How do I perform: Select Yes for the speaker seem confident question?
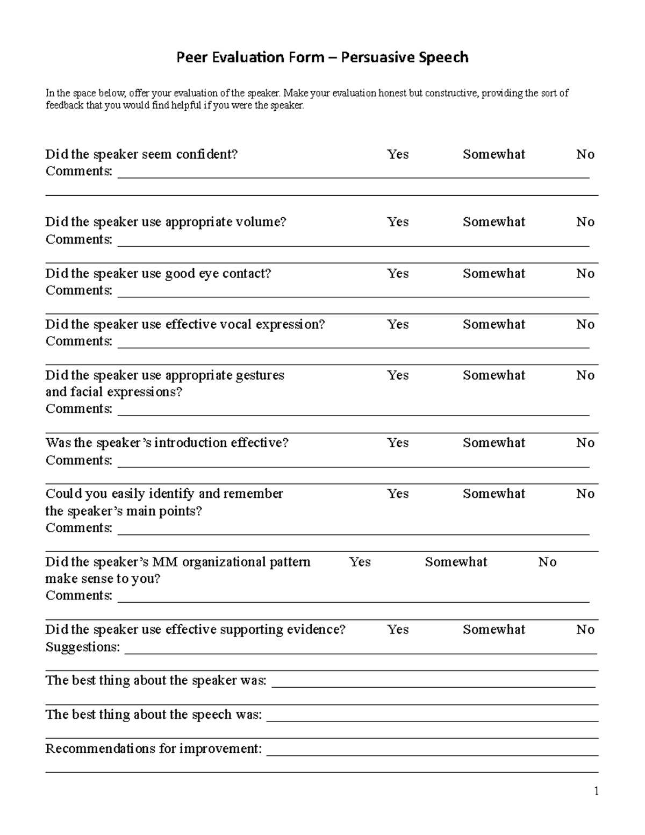coord(398,154)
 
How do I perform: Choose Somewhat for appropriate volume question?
coord(493,222)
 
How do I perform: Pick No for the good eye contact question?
coord(585,274)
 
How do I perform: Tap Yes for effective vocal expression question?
coord(398,324)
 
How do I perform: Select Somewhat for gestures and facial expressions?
coord(493,375)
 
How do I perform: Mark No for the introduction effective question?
coord(585,443)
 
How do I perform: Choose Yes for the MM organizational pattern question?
coord(360,562)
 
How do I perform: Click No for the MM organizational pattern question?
coord(547,562)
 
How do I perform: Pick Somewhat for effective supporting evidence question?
coord(493,630)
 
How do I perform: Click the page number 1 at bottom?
coord(596,791)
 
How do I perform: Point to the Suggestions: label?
coord(83,647)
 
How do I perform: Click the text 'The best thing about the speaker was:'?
coord(156,681)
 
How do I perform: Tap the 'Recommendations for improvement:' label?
coord(154,748)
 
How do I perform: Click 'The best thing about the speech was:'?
coord(154,715)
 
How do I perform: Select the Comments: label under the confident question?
coord(79,172)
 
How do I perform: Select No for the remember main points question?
coord(585,494)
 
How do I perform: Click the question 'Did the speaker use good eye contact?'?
coord(158,274)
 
